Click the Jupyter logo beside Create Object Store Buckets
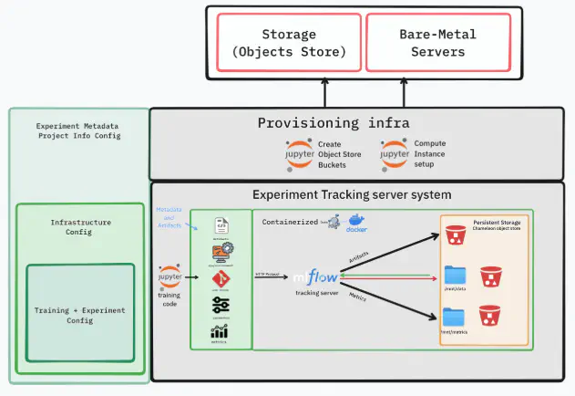click(x=300, y=153)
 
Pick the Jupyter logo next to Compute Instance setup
click(x=395, y=153)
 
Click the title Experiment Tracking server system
click(x=352, y=194)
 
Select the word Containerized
click(x=290, y=222)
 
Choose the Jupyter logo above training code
click(x=169, y=275)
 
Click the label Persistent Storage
click(x=498, y=221)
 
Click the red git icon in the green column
click(x=220, y=278)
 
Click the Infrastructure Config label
click(x=81, y=227)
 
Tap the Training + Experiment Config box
click(x=81, y=315)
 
